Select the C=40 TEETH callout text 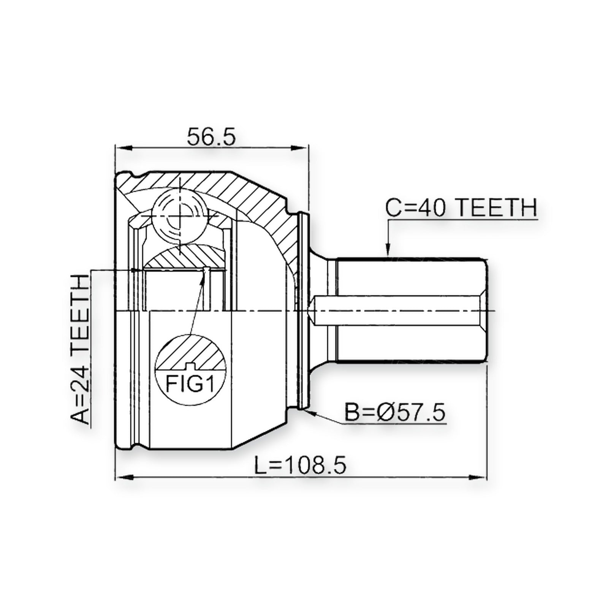(461, 208)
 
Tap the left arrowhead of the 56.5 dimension (122, 148)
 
